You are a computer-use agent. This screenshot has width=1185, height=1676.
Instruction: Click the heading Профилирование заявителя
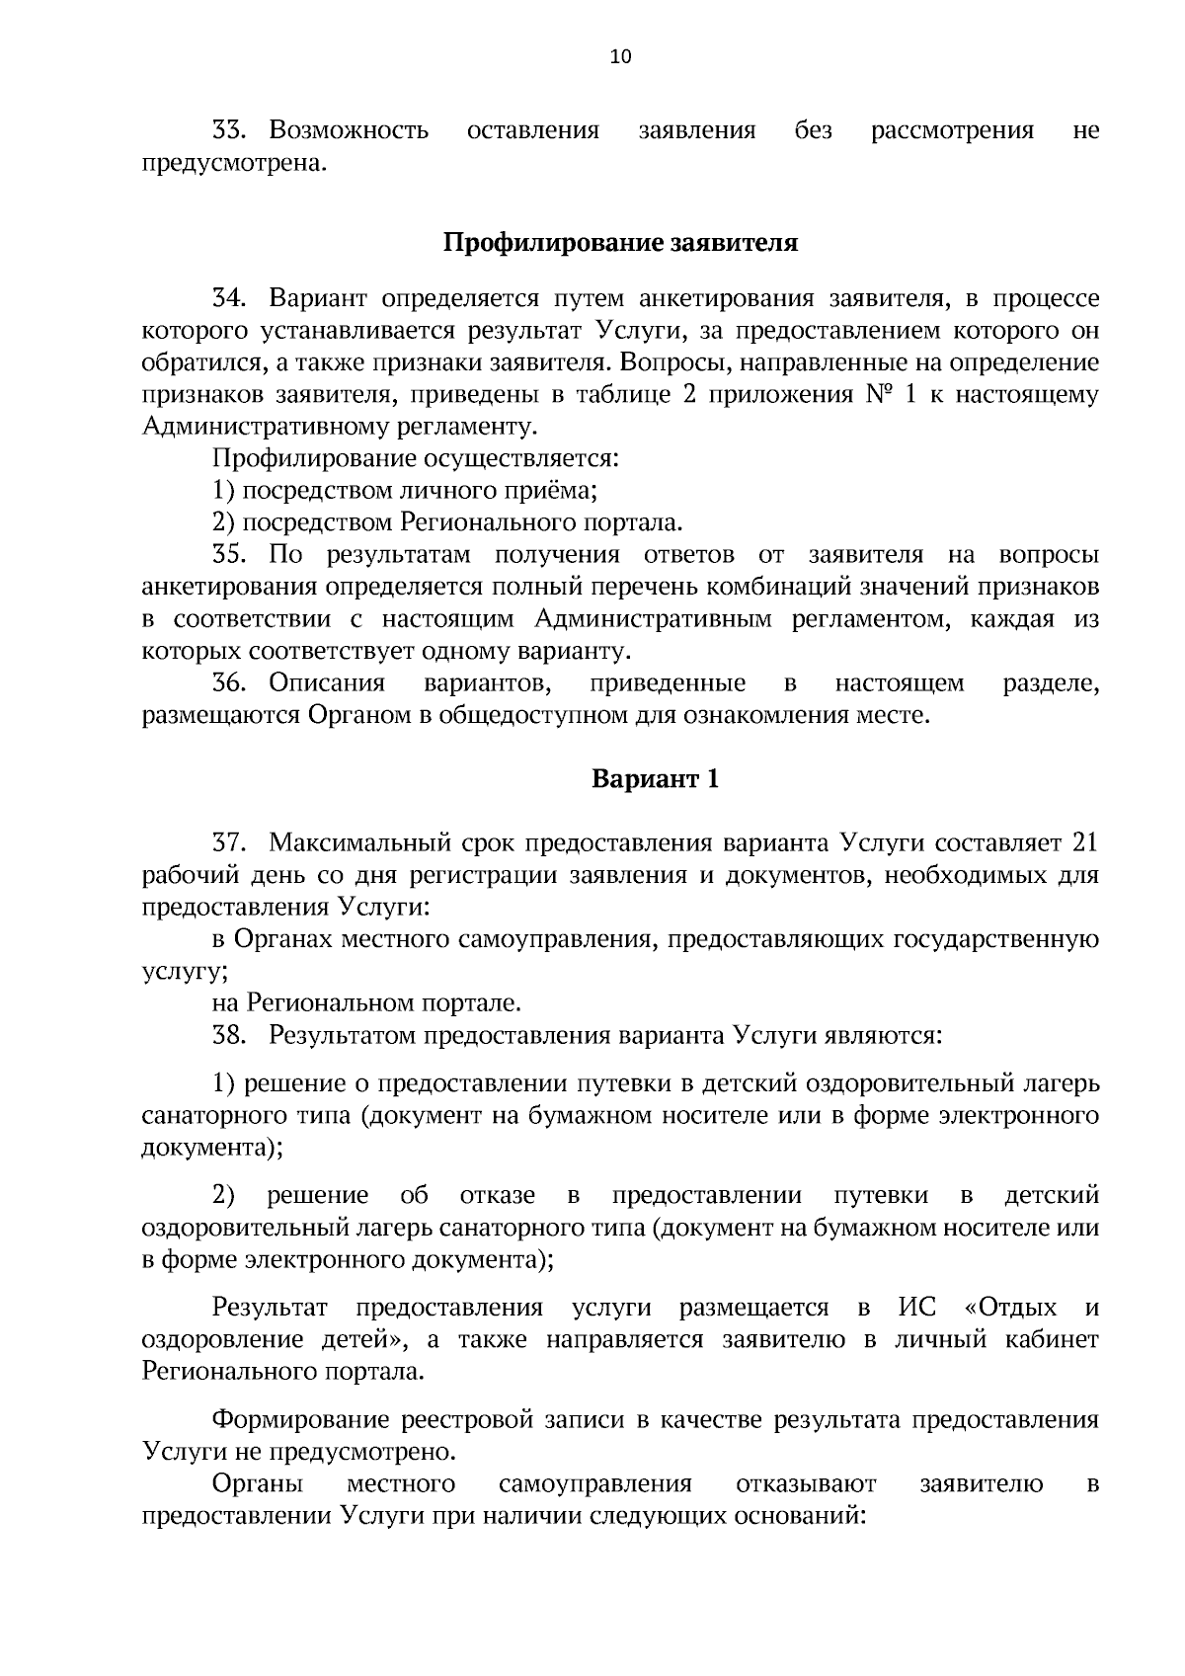pyautogui.click(x=619, y=243)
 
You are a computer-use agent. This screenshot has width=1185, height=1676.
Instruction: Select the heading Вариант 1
pyautogui.click(x=655, y=779)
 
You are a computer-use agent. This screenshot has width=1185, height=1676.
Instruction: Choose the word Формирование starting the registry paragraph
pyautogui.click(x=299, y=1420)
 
